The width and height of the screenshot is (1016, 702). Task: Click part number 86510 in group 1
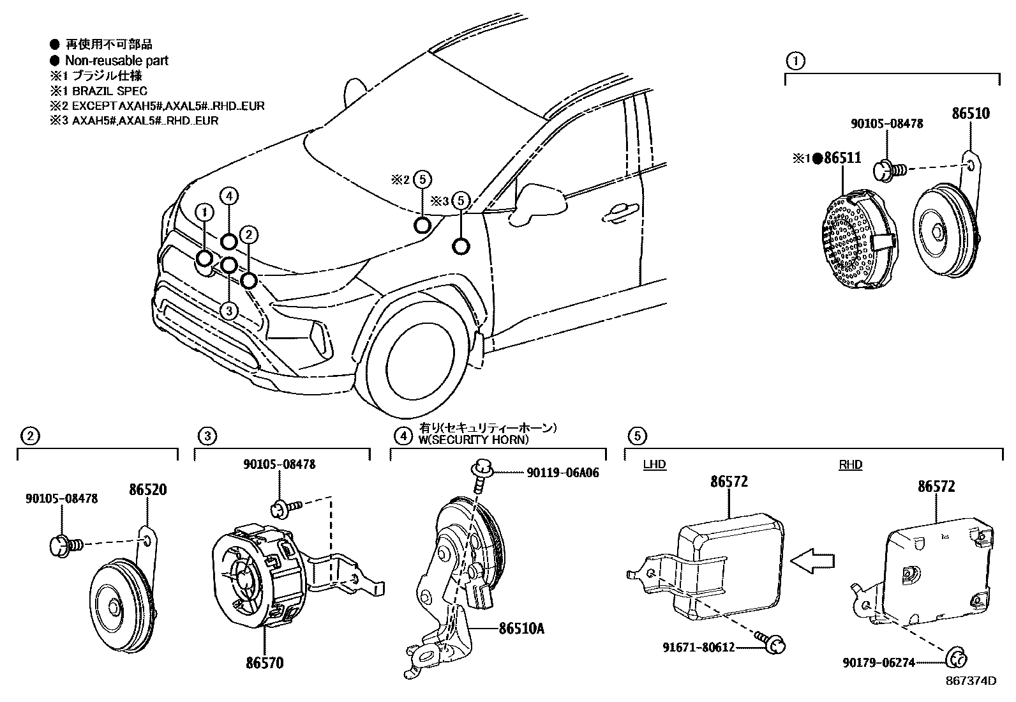(x=971, y=114)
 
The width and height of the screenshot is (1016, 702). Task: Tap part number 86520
(x=147, y=491)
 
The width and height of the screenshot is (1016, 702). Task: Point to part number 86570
(x=265, y=663)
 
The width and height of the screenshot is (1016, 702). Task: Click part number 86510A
(x=522, y=628)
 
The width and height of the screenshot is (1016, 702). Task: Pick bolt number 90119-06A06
(x=563, y=473)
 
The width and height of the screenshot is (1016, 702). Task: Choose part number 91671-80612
(x=699, y=647)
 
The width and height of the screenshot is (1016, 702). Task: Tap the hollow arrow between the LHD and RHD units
(x=812, y=560)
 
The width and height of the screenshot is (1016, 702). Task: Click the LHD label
(x=654, y=464)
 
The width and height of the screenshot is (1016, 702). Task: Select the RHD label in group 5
(x=850, y=464)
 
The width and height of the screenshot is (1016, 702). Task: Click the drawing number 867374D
(x=972, y=681)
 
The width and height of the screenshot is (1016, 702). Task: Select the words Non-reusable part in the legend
(x=117, y=61)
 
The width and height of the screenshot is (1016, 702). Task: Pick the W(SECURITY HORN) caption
(x=474, y=439)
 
